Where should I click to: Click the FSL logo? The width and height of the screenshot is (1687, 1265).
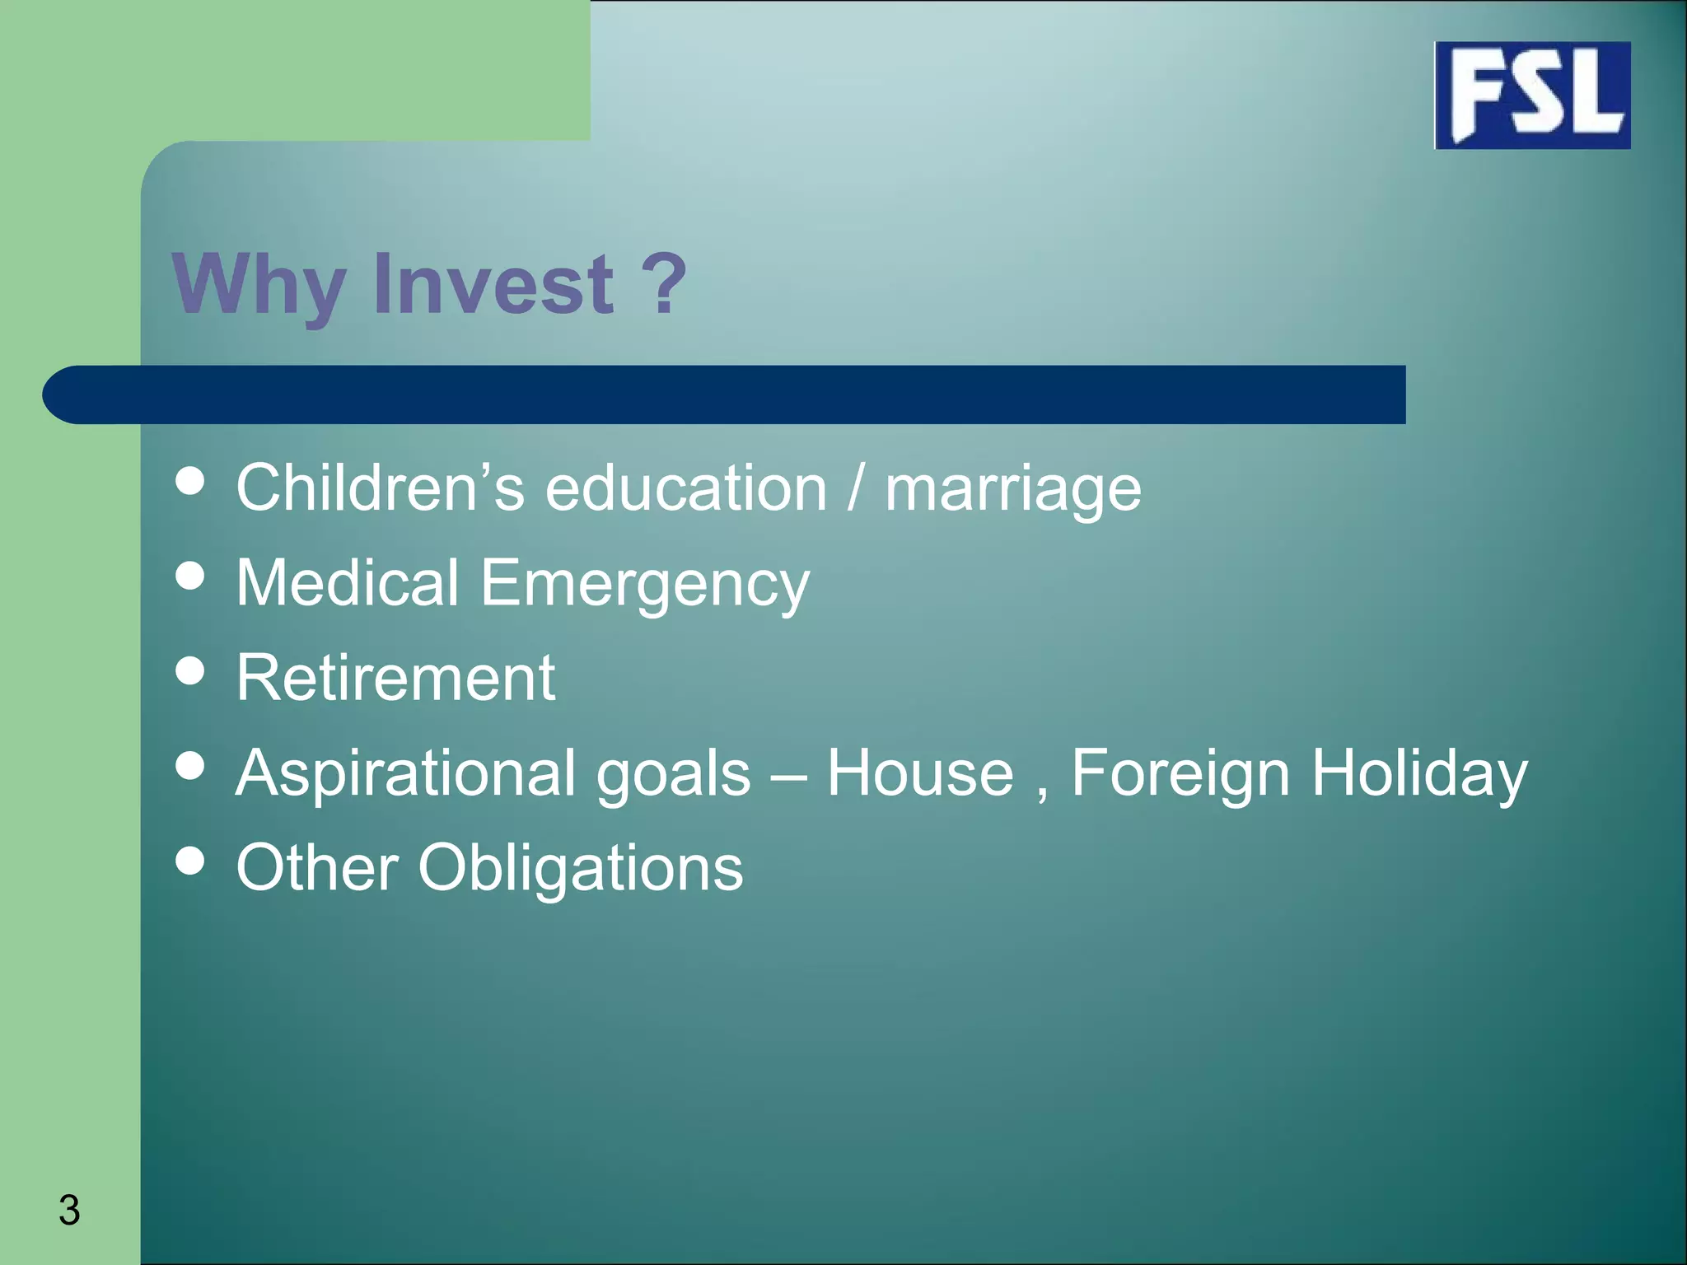click(x=1532, y=96)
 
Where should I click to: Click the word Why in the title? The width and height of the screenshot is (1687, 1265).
click(x=258, y=285)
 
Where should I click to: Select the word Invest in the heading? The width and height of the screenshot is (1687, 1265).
click(x=493, y=283)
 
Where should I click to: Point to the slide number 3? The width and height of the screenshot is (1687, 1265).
click(x=69, y=1210)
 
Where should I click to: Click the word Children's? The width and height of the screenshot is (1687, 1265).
click(x=380, y=488)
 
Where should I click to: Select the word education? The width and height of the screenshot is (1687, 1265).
click(x=685, y=488)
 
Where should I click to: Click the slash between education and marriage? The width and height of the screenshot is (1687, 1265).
click(x=855, y=488)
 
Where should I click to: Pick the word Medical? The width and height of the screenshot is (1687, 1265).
click(x=347, y=582)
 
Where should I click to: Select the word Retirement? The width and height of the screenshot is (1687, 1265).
click(x=395, y=678)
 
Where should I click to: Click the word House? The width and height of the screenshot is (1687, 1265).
click(x=919, y=773)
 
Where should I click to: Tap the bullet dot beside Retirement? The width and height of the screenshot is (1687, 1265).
click(x=190, y=670)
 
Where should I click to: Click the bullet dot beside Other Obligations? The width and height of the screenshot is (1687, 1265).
click(x=190, y=861)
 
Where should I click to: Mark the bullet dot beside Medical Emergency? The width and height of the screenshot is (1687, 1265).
click(x=190, y=576)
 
